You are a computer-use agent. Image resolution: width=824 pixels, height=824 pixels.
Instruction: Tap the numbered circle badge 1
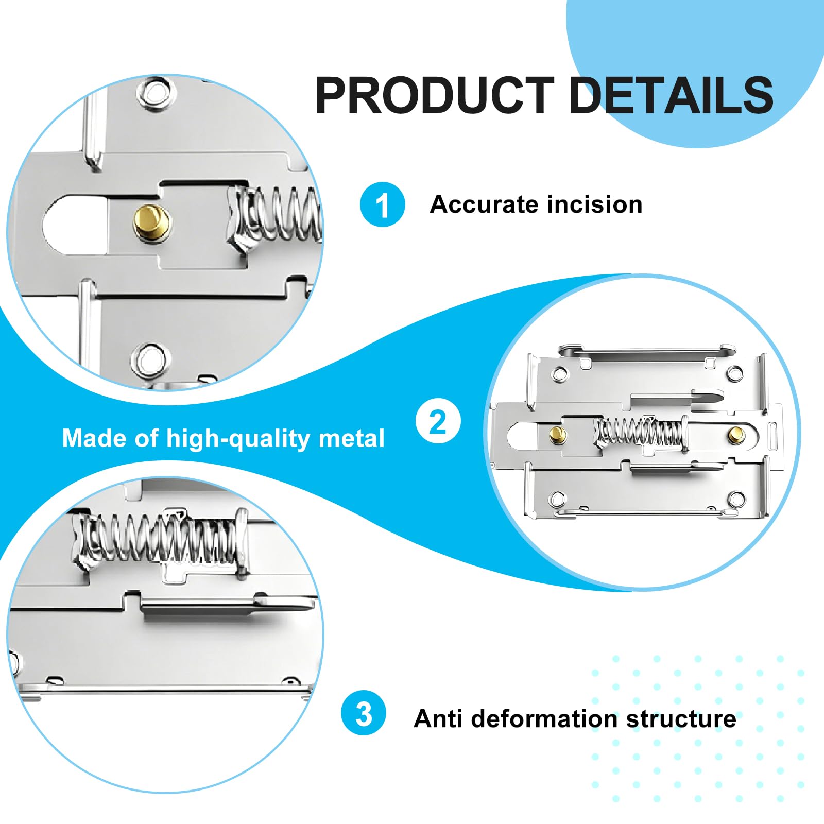[382, 204]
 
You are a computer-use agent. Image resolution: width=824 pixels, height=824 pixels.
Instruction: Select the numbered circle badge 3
[364, 713]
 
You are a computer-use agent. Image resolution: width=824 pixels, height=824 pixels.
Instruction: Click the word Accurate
[484, 204]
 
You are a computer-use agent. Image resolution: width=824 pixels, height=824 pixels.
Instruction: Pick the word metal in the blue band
[352, 439]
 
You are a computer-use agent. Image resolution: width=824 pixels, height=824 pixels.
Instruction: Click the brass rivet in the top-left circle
[152, 223]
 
